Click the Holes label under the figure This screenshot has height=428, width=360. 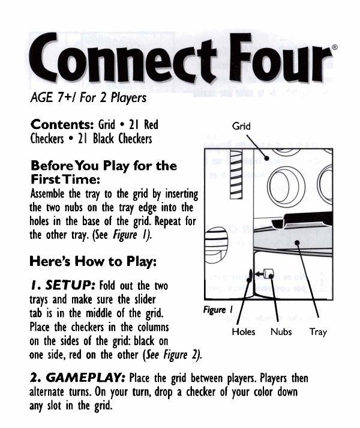point(243,331)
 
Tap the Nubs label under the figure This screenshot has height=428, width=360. point(281,331)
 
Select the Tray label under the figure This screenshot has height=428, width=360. point(318,331)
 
